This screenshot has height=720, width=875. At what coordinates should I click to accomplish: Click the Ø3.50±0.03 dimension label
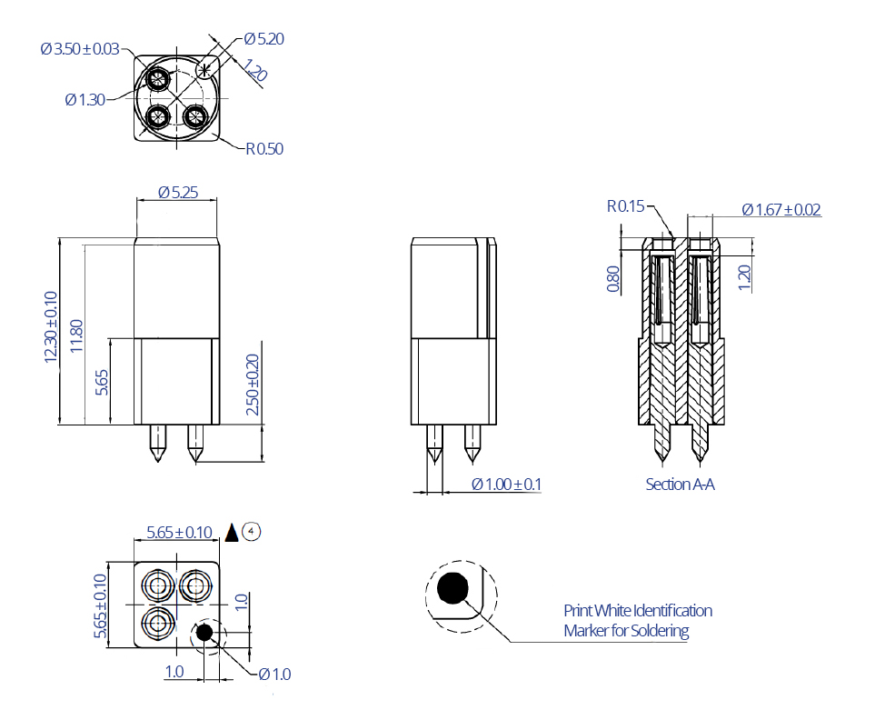coord(80,49)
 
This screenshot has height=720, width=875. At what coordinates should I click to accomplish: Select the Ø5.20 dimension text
coord(264,39)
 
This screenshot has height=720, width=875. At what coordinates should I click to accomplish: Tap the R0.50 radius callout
coord(264,148)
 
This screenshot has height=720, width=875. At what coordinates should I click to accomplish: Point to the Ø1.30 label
coord(85,100)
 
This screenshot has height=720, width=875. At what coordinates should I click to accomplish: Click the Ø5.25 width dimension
coord(177,193)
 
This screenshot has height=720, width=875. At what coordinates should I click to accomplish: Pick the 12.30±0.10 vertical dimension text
coord(50,327)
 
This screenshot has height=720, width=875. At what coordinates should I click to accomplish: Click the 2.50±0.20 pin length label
coord(253,385)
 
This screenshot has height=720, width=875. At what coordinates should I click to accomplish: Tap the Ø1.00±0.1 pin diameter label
coord(506,484)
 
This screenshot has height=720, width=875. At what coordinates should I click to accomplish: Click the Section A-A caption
coord(680,485)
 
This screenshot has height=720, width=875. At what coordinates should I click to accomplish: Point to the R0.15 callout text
coord(625,207)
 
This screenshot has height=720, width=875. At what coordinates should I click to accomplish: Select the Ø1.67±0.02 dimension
coord(781,210)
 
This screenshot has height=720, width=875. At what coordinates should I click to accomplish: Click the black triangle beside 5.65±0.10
coord(232,533)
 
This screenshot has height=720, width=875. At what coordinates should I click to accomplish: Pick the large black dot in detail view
coord(452,589)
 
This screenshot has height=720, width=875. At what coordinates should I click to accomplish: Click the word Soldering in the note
coord(656,631)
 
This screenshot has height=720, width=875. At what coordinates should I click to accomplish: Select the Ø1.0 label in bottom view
coord(274,674)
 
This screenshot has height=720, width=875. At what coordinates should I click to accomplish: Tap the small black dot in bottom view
coord(204,632)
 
